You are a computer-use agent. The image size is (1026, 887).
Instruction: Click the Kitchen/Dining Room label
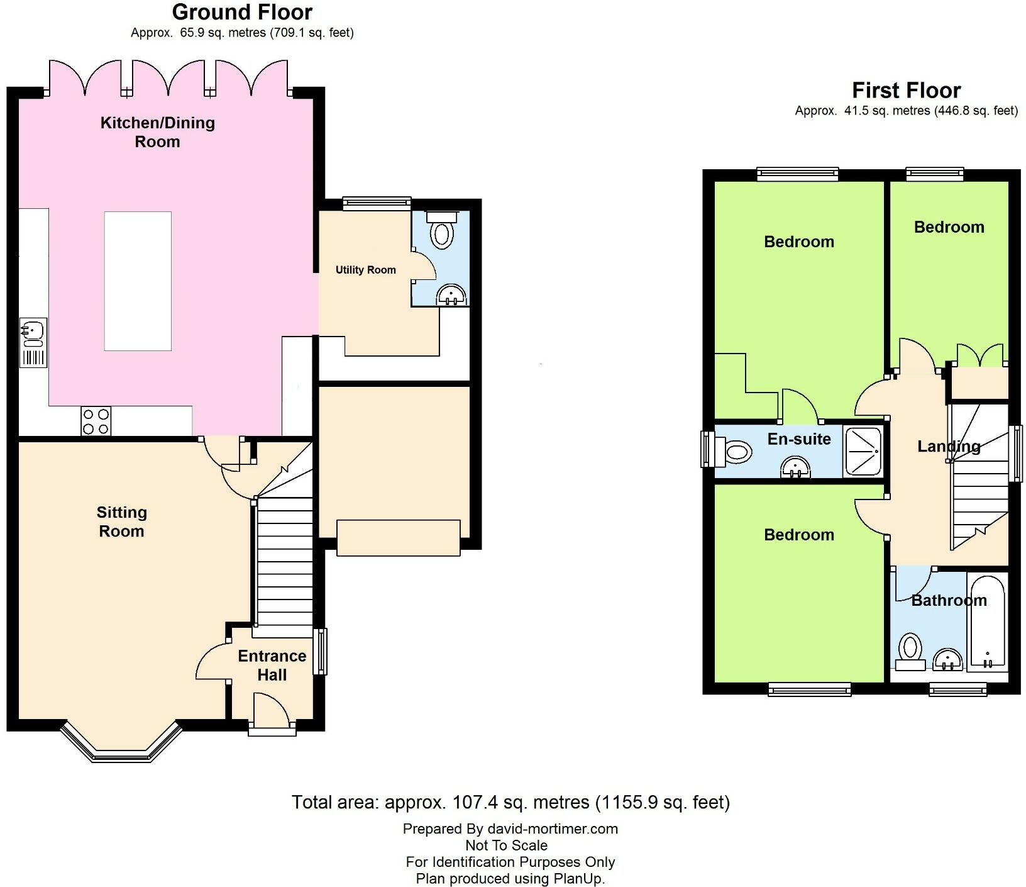pos(157,131)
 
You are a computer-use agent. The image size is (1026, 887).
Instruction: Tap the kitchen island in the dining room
pos(138,281)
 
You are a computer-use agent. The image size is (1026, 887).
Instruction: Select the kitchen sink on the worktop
pos(33,334)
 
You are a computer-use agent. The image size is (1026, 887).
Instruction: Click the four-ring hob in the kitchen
pos(96,421)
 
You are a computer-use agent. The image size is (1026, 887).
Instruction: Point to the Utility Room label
pos(365,270)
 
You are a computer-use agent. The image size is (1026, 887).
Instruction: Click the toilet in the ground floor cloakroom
pos(442,231)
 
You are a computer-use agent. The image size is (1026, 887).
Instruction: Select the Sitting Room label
pos(121,522)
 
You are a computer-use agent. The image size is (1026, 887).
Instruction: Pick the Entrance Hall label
pos(272,665)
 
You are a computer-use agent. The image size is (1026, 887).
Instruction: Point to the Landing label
pos(948,447)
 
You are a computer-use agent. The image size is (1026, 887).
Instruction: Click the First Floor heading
pos(905,91)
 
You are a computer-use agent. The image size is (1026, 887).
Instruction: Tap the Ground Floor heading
pos(242,12)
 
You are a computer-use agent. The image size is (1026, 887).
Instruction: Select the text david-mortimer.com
pos(553,828)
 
